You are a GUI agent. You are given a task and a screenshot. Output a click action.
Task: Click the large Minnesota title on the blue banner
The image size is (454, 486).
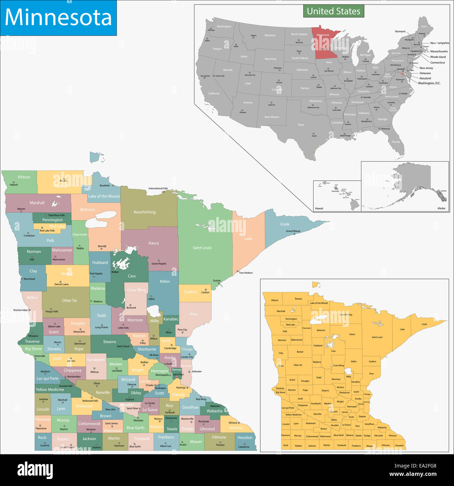pos(58,17)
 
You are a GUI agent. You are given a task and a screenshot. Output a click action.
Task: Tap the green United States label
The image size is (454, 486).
pos(334,11)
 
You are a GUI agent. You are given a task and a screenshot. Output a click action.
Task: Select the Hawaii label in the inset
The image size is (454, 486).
pos(319,208)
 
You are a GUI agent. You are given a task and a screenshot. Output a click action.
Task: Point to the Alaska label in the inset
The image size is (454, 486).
pos(441,208)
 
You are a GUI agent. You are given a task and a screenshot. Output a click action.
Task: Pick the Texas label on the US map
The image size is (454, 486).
pos(301,125)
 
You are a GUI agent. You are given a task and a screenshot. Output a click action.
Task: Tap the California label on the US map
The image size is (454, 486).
pos(214,94)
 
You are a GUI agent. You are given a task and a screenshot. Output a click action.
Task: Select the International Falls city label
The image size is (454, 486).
pos(158,188)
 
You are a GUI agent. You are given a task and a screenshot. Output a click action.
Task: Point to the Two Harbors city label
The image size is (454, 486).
pos(246,273)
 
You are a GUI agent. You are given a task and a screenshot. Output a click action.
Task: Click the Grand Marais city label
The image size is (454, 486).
pos(293,231)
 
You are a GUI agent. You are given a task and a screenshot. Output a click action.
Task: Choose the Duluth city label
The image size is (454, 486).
pos(217,281)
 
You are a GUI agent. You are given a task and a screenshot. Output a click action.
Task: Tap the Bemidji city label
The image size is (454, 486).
pos(102,246)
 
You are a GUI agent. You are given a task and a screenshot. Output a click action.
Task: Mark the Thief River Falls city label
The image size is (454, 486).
pos(56,215)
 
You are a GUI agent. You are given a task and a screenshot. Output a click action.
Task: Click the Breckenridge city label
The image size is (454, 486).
pos(21,310)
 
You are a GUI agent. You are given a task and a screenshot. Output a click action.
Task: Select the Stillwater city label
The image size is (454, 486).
pos(197,371)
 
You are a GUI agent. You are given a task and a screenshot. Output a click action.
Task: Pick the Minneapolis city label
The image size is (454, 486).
pos(162,375)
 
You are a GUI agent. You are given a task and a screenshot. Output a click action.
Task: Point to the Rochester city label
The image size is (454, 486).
pos(204,421)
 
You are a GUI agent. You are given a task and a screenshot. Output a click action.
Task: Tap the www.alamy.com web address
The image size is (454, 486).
pos(413,474)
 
